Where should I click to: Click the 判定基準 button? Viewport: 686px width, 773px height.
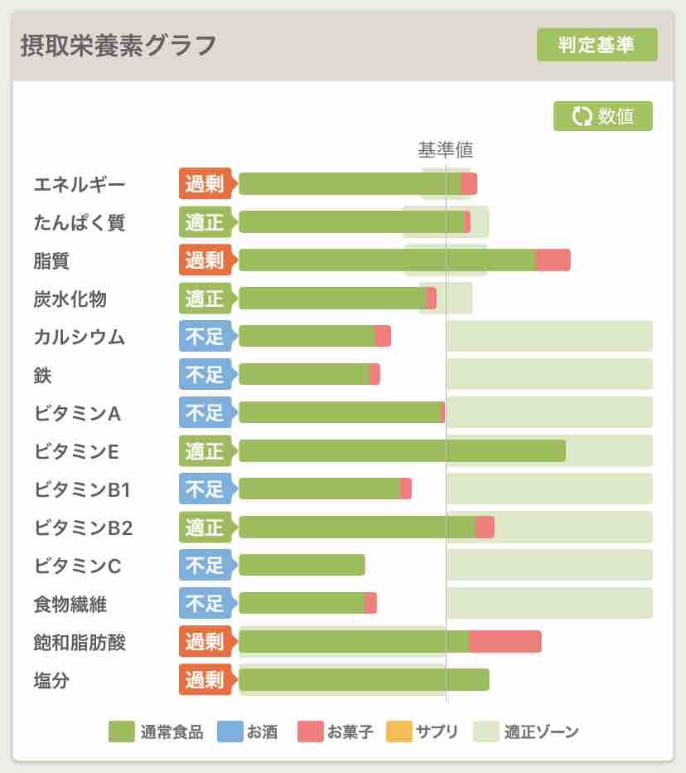click(x=597, y=45)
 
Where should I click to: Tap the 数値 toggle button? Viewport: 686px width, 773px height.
click(x=602, y=116)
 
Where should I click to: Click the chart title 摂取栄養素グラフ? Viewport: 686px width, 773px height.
click(x=118, y=45)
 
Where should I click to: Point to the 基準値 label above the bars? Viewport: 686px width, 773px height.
click(x=445, y=150)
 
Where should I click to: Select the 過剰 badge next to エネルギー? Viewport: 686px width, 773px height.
click(x=205, y=184)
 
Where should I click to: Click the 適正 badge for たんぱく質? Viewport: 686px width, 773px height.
click(x=205, y=222)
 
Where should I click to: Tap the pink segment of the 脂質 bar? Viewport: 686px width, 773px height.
click(x=553, y=260)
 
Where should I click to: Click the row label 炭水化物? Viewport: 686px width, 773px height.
click(x=70, y=299)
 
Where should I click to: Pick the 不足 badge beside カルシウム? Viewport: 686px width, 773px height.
click(x=205, y=337)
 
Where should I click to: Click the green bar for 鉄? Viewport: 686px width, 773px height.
click(x=303, y=375)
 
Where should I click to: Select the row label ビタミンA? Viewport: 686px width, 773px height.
click(x=78, y=413)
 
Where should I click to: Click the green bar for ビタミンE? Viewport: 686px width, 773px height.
click(x=402, y=451)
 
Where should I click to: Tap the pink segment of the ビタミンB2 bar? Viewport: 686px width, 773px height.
click(x=485, y=527)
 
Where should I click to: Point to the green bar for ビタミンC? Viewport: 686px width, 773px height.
click(x=302, y=566)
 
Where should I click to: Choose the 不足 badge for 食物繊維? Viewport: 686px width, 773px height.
click(x=205, y=604)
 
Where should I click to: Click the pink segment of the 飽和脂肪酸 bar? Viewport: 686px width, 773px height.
click(x=505, y=642)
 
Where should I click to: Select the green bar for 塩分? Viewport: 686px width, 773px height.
click(x=364, y=680)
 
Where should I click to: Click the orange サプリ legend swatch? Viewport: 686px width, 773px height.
click(x=399, y=732)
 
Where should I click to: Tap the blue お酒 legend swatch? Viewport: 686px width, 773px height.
click(x=229, y=732)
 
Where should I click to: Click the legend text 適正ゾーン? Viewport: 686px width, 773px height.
click(x=541, y=732)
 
